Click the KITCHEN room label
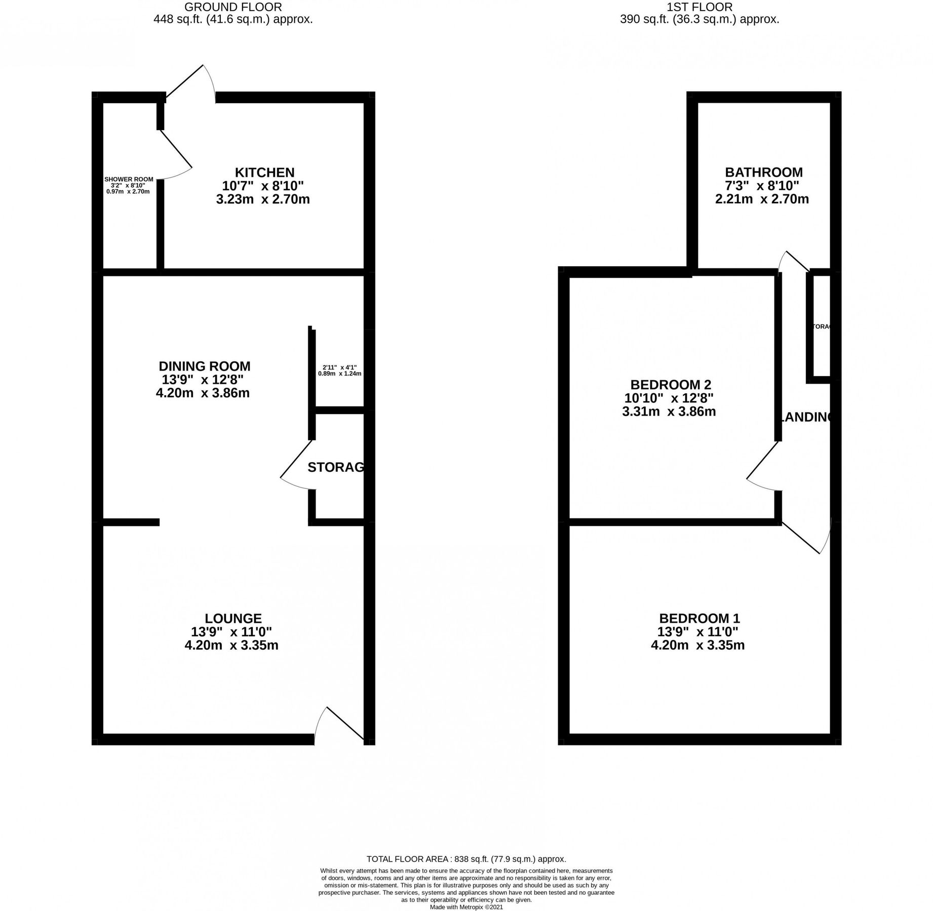[264, 173]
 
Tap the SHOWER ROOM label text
[129, 180]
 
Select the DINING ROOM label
[205, 366]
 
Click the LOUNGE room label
[233, 618]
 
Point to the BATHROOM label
[763, 173]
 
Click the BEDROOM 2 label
[671, 385]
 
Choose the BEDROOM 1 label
[699, 618]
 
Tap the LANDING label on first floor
[805, 417]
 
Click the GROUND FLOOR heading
[233, 7]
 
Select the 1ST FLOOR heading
[699, 7]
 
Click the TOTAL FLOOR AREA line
[466, 859]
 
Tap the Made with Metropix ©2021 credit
[466, 907]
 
